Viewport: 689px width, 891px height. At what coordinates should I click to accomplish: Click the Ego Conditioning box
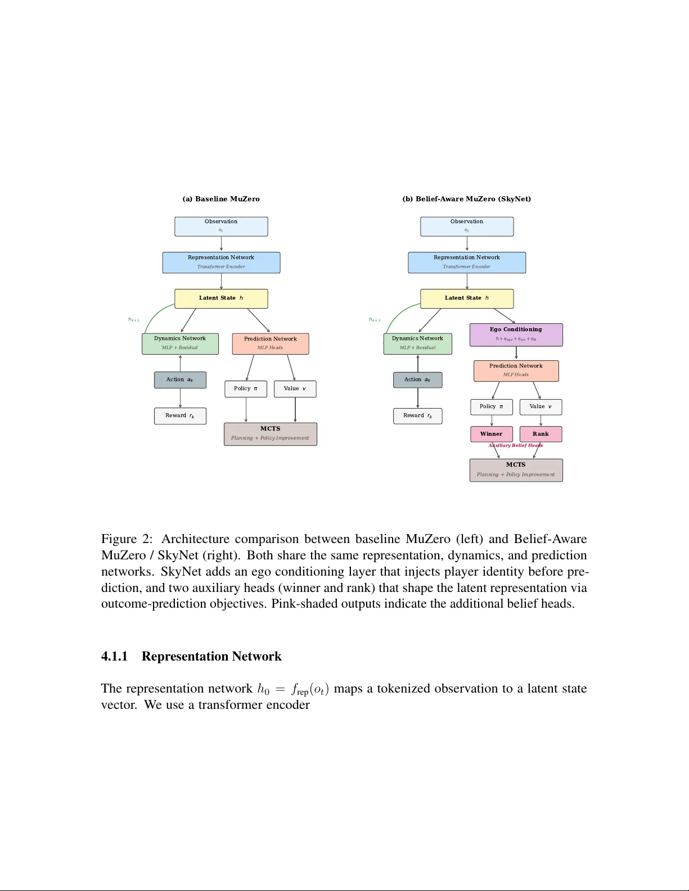(x=516, y=334)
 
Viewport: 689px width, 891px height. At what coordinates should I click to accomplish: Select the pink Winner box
(x=491, y=434)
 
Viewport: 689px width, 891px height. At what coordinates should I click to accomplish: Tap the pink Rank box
(x=541, y=434)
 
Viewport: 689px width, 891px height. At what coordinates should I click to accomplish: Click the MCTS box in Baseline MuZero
(x=270, y=434)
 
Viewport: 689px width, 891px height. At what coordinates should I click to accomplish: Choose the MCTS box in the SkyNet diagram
(x=516, y=470)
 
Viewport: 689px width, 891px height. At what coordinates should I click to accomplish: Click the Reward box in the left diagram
(x=180, y=416)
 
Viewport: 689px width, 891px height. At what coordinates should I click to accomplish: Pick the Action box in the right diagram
(x=417, y=380)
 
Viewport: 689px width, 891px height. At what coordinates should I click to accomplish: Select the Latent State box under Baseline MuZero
(x=221, y=298)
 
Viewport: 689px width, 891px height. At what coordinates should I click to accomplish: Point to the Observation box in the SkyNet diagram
(x=467, y=227)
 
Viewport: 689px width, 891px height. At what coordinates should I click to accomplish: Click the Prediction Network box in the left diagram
(x=270, y=343)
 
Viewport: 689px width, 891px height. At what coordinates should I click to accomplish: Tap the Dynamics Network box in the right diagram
(x=417, y=343)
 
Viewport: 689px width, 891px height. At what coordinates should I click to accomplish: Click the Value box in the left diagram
(x=295, y=389)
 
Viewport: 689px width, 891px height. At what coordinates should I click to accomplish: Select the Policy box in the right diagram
(x=491, y=407)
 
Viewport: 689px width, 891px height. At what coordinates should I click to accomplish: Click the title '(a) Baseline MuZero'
(x=221, y=199)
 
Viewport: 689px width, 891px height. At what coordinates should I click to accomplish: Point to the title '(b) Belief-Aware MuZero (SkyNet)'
(x=466, y=199)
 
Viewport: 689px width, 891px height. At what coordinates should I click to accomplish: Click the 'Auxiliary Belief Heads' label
(x=516, y=445)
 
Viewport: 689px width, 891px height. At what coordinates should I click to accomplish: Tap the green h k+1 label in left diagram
(x=134, y=320)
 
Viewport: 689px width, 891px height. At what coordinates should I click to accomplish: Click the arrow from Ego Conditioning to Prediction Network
(x=516, y=353)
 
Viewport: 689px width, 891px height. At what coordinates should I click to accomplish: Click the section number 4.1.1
(x=114, y=657)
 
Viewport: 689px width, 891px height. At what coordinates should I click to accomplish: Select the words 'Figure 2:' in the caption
(x=127, y=539)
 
